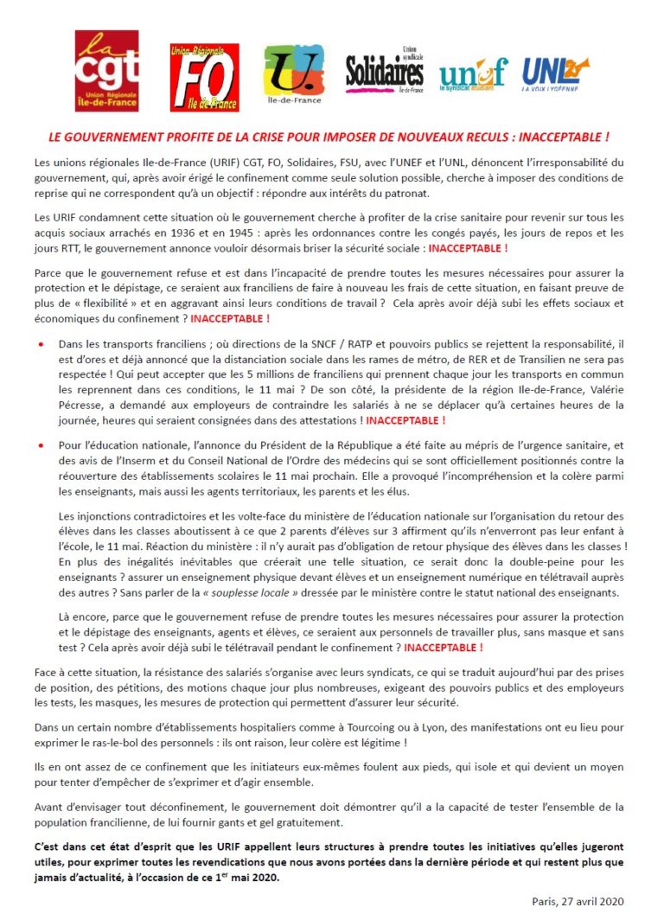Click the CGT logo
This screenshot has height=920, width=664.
click(106, 70)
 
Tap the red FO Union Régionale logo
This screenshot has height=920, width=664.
click(204, 77)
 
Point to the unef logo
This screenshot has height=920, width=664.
click(473, 74)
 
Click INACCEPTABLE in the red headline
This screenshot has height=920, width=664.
click(562, 137)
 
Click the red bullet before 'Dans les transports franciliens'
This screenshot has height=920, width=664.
click(41, 345)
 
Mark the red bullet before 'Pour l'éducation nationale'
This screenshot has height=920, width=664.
click(41, 445)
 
